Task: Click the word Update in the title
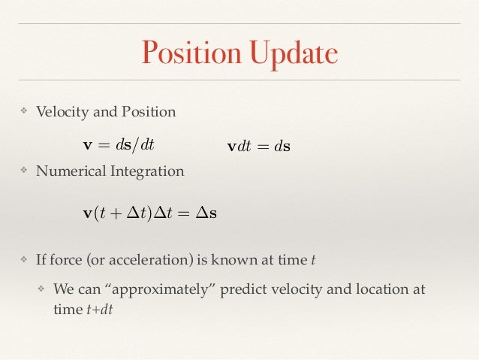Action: tap(291, 53)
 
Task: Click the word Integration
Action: tap(146, 171)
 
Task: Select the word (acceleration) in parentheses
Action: tap(144, 260)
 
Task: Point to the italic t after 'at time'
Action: tap(313, 261)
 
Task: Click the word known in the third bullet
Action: tap(230, 260)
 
